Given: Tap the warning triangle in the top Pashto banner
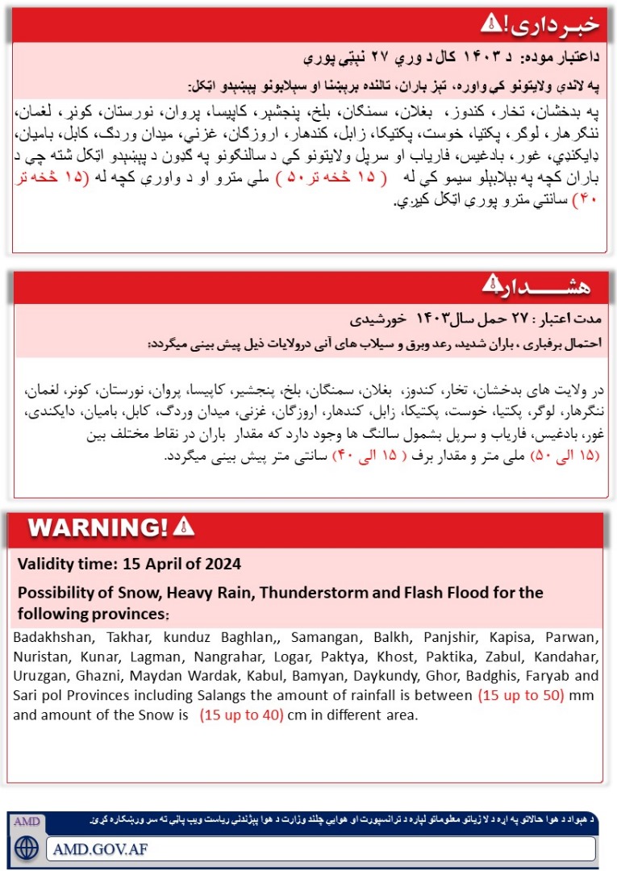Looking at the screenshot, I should coord(491,23).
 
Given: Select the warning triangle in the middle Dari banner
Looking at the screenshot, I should coord(491,283).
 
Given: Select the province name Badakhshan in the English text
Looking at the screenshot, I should coord(51,636).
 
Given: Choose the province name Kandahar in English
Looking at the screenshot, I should coord(569,656).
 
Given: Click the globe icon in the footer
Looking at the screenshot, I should coord(27,849).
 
